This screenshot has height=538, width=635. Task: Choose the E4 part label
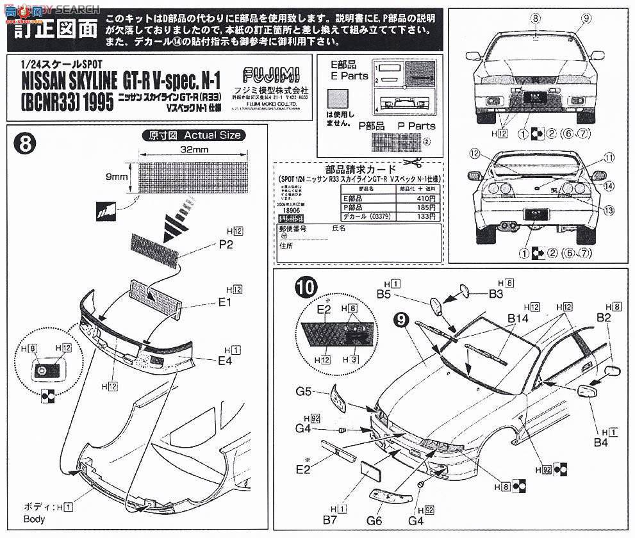[x=224, y=361]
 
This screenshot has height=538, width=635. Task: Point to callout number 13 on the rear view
[x=608, y=211]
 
